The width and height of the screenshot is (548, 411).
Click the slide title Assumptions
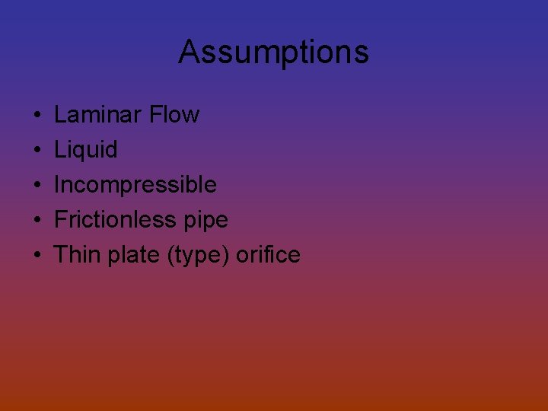pyautogui.click(x=273, y=53)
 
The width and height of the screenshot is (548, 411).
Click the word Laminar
pyautogui.click(x=98, y=115)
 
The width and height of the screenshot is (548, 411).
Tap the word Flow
pyautogui.click(x=174, y=115)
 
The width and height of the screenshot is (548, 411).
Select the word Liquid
pyautogui.click(x=86, y=150)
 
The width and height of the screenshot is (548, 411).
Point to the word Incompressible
pyautogui.click(x=135, y=185)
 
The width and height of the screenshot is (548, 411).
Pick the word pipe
pyautogui.click(x=206, y=221)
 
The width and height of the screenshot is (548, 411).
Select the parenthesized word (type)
pyautogui.click(x=197, y=255)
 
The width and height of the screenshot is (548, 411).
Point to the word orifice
pyautogui.click(x=268, y=254)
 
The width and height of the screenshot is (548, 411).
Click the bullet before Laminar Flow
pyautogui.click(x=37, y=116)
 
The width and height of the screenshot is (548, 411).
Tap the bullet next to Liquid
pyautogui.click(x=37, y=151)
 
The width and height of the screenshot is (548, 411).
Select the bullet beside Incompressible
pyautogui.click(x=37, y=186)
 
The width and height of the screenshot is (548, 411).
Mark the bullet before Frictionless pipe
pyautogui.click(x=37, y=221)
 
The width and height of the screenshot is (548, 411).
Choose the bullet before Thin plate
pyautogui.click(x=37, y=255)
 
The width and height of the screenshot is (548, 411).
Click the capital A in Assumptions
pyautogui.click(x=189, y=53)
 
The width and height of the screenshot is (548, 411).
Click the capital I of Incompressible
pyautogui.click(x=57, y=185)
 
